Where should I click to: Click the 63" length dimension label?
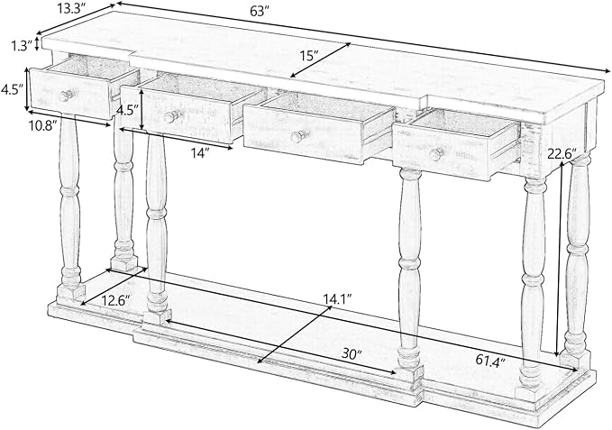pos(258,11)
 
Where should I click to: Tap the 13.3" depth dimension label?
pos(72,9)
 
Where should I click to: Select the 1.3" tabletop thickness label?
pos(21,47)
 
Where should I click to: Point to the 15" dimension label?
pos(308,56)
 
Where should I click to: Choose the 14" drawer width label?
pos(198,154)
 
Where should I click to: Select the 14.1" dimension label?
pos(337,298)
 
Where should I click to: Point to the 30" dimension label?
pos(352,353)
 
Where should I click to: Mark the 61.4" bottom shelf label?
pos(490,360)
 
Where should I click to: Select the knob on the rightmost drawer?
pos(435,154)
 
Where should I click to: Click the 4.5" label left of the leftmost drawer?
pos(10,90)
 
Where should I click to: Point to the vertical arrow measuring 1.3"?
pos(37,43)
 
